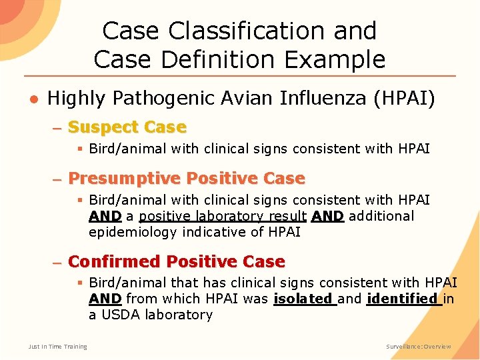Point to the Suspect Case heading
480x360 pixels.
[127, 127]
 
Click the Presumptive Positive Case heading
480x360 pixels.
[186, 179]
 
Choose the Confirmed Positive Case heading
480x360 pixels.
[176, 261]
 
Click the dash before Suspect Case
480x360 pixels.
[57, 127]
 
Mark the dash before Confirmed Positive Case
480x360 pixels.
[57, 262]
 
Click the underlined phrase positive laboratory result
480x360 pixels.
[223, 216]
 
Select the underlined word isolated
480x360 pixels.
[304, 299]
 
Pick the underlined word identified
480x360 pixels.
[403, 299]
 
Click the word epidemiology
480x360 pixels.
[130, 232]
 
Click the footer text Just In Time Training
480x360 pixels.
[57, 347]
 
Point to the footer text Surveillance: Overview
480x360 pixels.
[419, 347]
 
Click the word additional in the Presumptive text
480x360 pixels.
[381, 216]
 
